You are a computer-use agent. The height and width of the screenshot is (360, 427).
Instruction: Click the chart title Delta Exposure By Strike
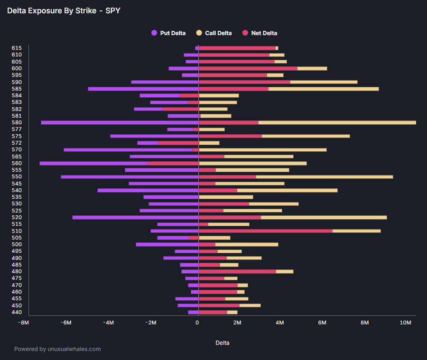[64, 10]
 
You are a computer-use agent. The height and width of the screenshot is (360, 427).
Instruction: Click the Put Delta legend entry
[168, 33]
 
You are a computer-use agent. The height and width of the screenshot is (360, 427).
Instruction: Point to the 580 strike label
[17, 122]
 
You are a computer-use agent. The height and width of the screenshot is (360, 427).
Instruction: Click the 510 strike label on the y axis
[17, 231]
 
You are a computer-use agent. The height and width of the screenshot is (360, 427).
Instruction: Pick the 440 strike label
[17, 312]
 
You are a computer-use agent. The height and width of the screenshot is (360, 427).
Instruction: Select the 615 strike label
[17, 48]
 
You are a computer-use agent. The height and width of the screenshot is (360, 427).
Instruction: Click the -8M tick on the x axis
[23, 323]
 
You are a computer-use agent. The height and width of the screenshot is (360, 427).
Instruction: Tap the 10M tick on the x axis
[406, 323]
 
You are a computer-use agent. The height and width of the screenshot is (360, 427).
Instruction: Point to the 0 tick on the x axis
[197, 323]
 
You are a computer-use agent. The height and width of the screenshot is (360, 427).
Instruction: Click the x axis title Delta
[223, 342]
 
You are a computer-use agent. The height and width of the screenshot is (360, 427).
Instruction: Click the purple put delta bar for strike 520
[135, 217]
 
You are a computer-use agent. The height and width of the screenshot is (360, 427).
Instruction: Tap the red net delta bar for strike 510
[266, 231]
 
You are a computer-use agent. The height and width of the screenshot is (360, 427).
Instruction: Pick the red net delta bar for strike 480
[237, 271]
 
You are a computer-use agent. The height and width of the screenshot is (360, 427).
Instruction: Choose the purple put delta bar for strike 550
[130, 177]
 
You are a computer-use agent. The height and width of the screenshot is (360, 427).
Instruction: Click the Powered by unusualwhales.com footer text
[57, 349]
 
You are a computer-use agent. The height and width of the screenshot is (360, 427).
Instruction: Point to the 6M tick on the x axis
[322, 323]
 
